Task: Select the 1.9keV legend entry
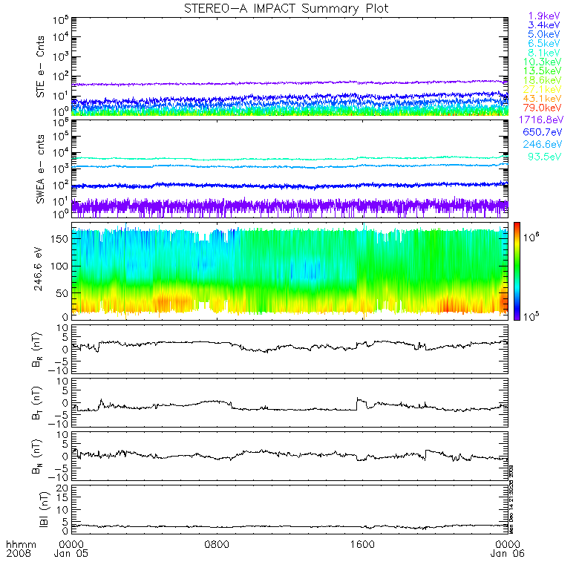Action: point(543,16)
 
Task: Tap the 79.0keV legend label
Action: point(543,108)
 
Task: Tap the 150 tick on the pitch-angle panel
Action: point(60,238)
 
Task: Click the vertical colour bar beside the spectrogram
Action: point(519,270)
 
